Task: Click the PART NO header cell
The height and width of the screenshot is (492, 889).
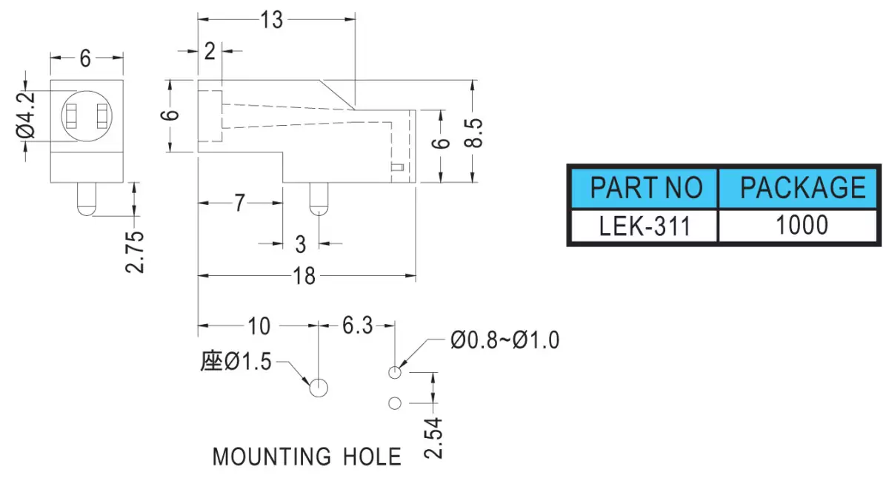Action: pyautogui.click(x=645, y=189)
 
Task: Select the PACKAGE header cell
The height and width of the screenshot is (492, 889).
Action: pyautogui.click(x=798, y=189)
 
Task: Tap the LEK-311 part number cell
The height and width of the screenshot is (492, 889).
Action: pyautogui.click(x=645, y=225)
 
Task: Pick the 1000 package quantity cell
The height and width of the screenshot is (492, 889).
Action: pyautogui.click(x=798, y=225)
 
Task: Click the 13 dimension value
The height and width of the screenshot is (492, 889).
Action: pyautogui.click(x=272, y=20)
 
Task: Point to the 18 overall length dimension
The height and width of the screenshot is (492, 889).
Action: pyautogui.click(x=304, y=276)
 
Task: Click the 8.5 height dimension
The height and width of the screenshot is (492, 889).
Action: pyautogui.click(x=474, y=133)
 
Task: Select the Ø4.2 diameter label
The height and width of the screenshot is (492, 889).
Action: pyautogui.click(x=26, y=115)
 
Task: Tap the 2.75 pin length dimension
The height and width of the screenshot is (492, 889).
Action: pyautogui.click(x=135, y=252)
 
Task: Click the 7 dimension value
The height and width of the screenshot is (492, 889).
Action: pyautogui.click(x=239, y=203)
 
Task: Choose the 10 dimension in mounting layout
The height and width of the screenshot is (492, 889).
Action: pyautogui.click(x=259, y=326)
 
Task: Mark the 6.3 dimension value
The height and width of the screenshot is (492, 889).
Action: pyautogui.click(x=358, y=326)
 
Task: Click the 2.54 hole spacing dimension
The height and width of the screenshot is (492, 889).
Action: pyautogui.click(x=433, y=438)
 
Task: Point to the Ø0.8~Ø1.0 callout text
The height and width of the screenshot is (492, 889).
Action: pyautogui.click(x=505, y=340)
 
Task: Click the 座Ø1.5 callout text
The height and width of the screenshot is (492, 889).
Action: pyautogui.click(x=236, y=362)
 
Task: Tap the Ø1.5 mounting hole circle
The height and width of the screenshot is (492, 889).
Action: pyautogui.click(x=319, y=388)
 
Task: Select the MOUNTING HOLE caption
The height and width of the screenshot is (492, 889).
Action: pyautogui.click(x=307, y=456)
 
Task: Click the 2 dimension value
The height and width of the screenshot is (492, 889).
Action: pyautogui.click(x=210, y=52)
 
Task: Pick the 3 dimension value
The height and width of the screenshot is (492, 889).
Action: pyautogui.click(x=301, y=244)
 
